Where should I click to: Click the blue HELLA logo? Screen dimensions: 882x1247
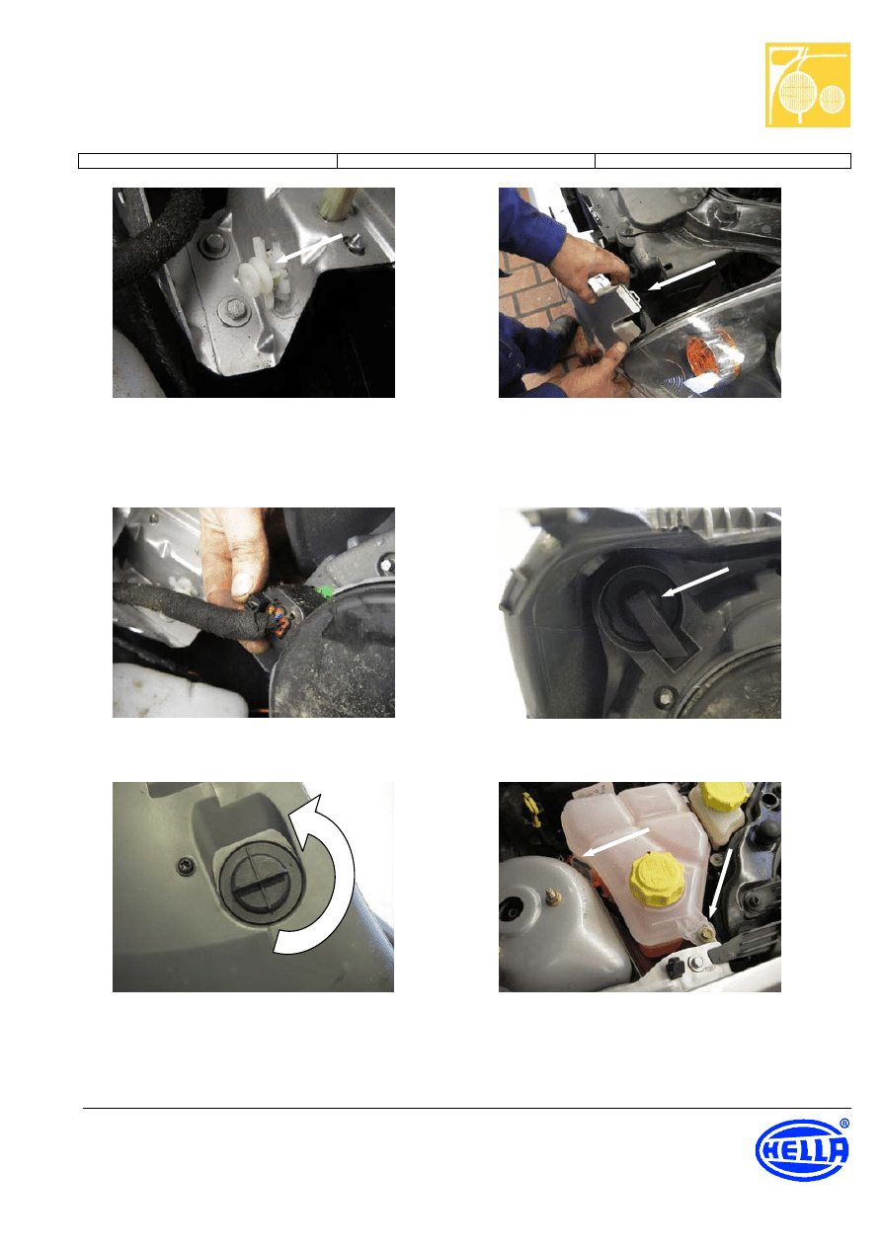pyautogui.click(x=802, y=1149)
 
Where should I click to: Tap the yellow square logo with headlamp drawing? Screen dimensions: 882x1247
pyautogui.click(x=807, y=85)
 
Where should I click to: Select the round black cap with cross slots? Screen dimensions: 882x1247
pyautogui.click(x=260, y=880)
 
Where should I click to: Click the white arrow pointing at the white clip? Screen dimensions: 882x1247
pyautogui.click(x=309, y=248)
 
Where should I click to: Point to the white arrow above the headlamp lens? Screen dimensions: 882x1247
pyautogui.click(x=682, y=276)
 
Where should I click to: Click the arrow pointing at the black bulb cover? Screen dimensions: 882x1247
pyautogui.click(x=695, y=582)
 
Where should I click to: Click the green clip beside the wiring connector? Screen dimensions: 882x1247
pyautogui.click(x=325, y=591)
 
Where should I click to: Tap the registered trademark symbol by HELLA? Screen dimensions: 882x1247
pyautogui.click(x=844, y=1124)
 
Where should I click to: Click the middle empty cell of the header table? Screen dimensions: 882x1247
pyautogui.click(x=466, y=161)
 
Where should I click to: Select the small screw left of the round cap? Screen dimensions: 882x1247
pyautogui.click(x=184, y=866)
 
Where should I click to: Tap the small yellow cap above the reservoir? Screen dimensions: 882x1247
pyautogui.click(x=722, y=796)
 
